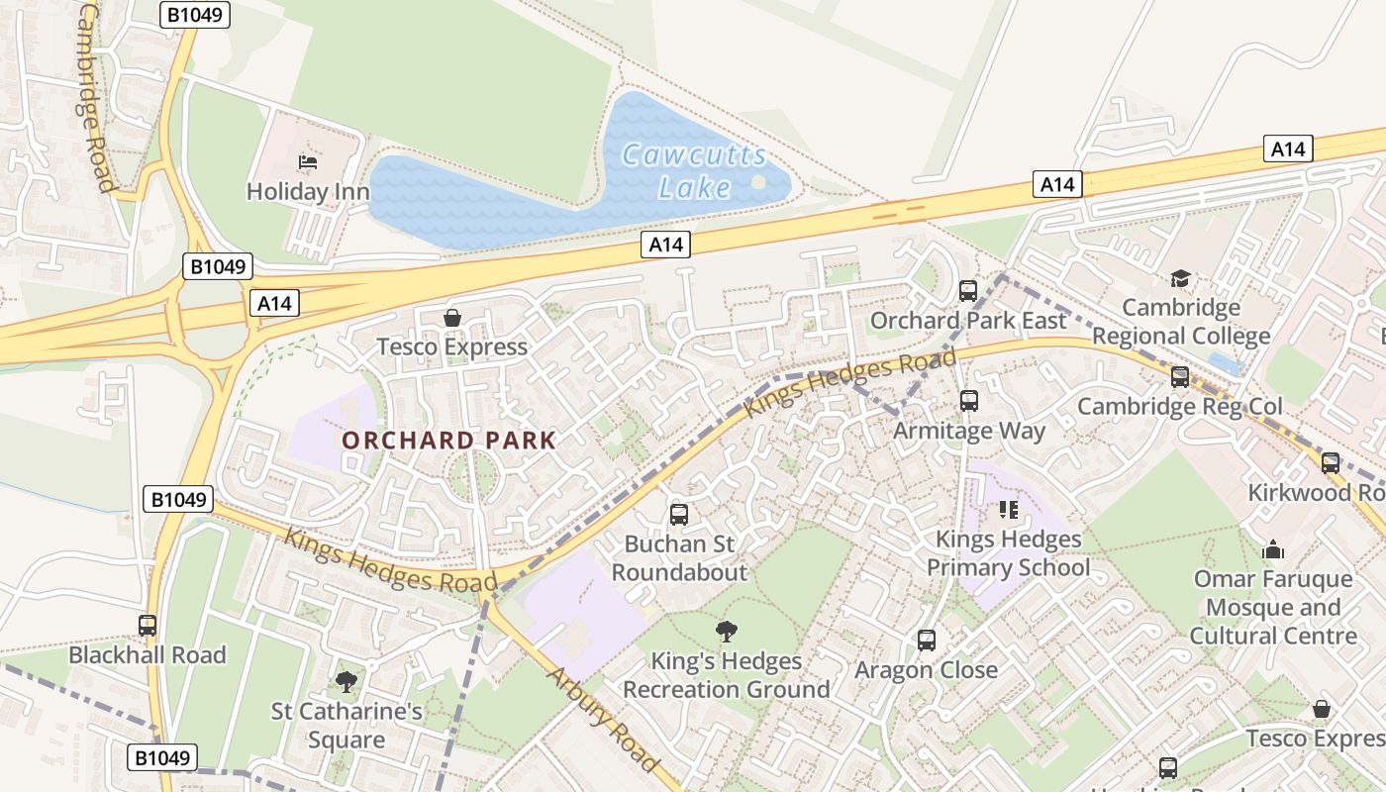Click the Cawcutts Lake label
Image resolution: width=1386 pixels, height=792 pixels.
click(693, 171)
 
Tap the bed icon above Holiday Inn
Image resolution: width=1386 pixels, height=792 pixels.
click(308, 162)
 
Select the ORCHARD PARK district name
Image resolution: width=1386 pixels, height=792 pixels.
click(448, 441)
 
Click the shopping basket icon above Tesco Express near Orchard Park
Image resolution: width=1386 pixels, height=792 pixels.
click(452, 318)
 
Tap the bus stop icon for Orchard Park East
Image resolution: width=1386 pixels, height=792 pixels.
click(968, 291)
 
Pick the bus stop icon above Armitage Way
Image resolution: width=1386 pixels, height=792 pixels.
click(969, 401)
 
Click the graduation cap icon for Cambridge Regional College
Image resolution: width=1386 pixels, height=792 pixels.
click(1180, 278)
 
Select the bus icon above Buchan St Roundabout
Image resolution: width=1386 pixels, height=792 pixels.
click(679, 515)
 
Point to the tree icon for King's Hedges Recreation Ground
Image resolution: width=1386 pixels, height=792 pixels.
click(727, 631)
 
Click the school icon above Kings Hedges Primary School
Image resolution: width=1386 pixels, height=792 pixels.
click(1008, 510)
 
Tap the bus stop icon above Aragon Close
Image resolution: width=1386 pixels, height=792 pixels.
click(927, 641)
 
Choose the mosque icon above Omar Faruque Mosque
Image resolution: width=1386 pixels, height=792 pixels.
click(1273, 548)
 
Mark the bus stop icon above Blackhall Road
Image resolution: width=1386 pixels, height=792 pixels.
click(148, 626)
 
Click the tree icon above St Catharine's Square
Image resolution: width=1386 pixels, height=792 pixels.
click(346, 681)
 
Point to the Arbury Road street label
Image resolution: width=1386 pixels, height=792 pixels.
click(602, 720)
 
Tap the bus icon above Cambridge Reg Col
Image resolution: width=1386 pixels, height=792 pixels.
click(1179, 377)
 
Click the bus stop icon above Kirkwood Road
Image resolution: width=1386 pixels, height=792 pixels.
click(1331, 463)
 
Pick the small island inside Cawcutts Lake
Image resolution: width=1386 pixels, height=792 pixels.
click(758, 182)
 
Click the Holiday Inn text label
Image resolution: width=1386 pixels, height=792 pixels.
click(308, 191)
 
